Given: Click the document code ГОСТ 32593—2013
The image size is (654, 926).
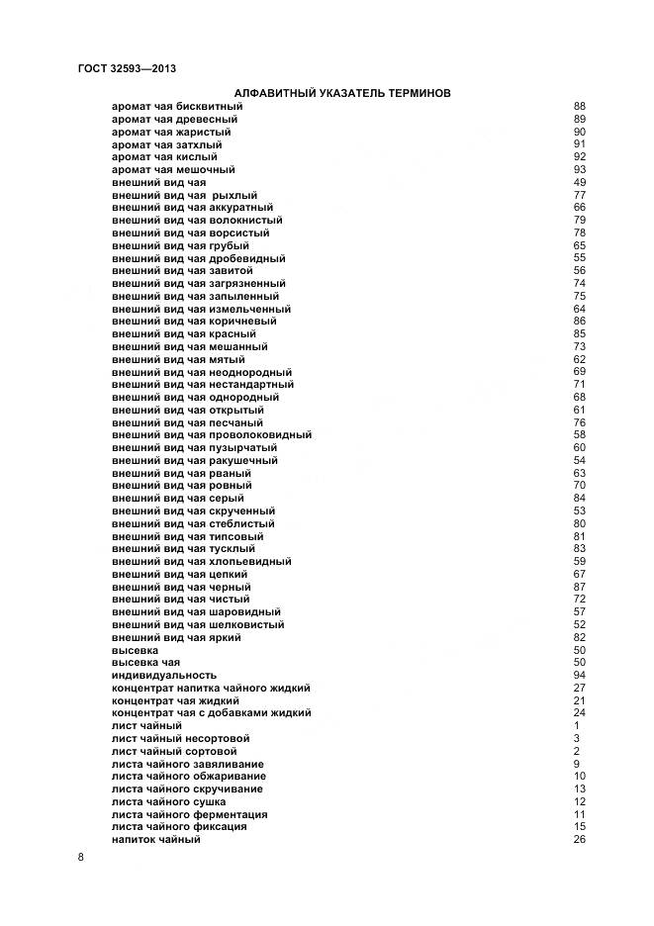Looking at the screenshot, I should [x=126, y=68].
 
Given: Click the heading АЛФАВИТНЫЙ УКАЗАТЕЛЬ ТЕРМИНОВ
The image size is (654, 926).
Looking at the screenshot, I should [x=327, y=93].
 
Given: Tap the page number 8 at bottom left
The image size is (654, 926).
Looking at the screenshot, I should [x=80, y=857].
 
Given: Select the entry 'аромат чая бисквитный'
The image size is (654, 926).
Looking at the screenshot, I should [x=177, y=107].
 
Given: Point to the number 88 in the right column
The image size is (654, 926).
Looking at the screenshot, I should [x=580, y=107].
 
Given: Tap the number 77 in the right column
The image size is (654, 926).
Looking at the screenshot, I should [x=580, y=196].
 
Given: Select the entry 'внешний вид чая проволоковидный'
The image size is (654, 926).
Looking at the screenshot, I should [x=212, y=435].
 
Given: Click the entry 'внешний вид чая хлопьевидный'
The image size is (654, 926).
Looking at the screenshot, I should [x=202, y=562].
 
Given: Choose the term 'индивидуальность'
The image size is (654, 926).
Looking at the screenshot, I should [x=164, y=676].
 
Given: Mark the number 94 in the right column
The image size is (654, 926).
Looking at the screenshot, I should [x=580, y=676].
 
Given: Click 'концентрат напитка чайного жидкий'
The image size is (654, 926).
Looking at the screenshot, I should [x=212, y=689].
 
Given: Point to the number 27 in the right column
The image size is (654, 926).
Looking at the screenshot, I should [x=580, y=689].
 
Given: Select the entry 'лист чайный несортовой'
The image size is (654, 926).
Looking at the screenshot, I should [x=180, y=739].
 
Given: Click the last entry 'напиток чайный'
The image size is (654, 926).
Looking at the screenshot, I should [x=156, y=840].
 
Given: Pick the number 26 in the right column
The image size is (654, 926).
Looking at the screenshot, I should [x=580, y=840].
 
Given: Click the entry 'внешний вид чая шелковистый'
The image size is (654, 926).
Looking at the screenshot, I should [x=198, y=625].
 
